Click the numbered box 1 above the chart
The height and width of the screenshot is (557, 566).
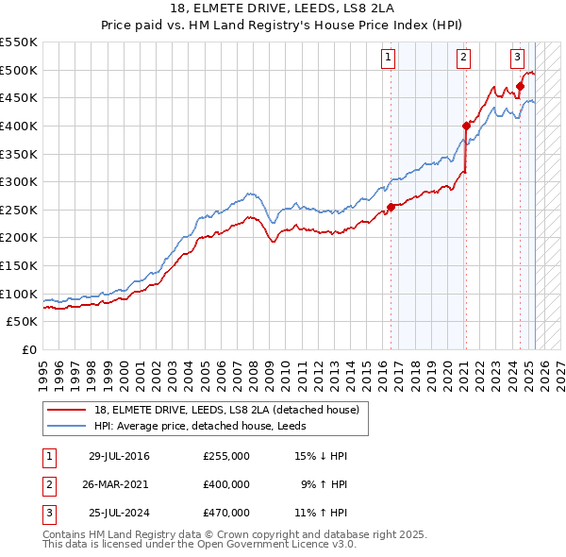(x=389, y=58)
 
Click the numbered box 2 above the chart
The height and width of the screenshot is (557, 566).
(x=464, y=58)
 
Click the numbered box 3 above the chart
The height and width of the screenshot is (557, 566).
(x=518, y=58)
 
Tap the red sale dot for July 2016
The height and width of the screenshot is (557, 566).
(x=391, y=207)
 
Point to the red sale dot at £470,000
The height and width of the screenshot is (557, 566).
(x=520, y=86)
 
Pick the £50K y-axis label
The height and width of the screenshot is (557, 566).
(x=22, y=321)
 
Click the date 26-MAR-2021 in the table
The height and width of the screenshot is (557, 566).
(x=114, y=484)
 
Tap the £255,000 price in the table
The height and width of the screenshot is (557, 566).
(x=226, y=456)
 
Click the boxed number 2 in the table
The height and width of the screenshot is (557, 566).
(x=48, y=484)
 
